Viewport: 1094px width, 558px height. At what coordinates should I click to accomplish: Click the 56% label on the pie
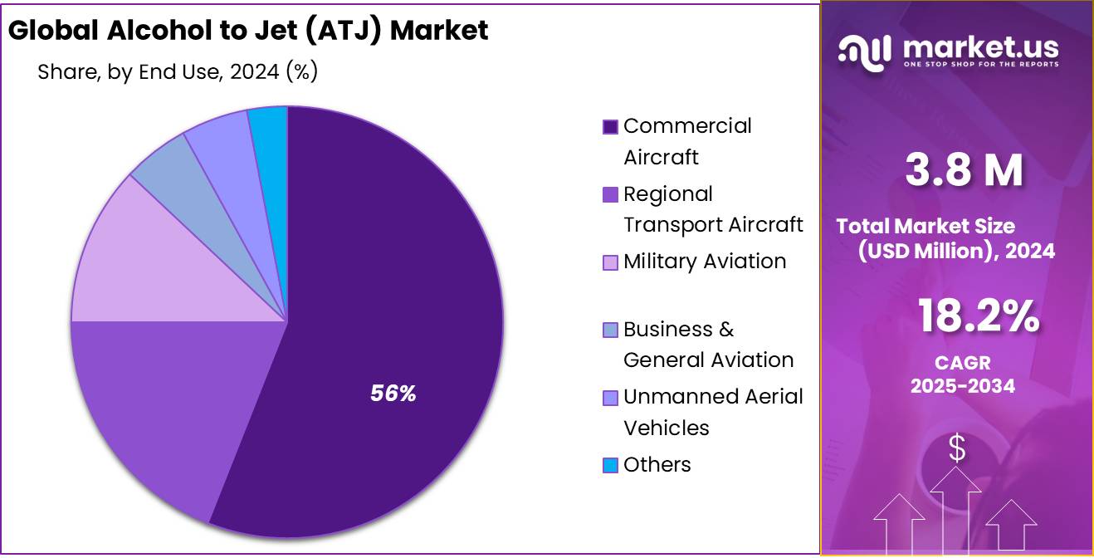[x=393, y=394]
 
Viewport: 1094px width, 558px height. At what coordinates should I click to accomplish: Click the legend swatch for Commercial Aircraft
[x=610, y=127]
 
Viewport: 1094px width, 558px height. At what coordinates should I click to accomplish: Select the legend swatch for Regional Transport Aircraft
[x=610, y=195]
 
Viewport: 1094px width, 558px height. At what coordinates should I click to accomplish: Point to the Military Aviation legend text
[x=705, y=262]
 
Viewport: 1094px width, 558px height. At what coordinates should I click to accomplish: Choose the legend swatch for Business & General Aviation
[x=610, y=330]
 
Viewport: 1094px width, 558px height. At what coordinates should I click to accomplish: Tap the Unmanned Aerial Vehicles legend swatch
[x=610, y=399]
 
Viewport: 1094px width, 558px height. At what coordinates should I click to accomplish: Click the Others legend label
[x=657, y=465]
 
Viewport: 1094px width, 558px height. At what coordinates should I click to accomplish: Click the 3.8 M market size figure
[x=964, y=170]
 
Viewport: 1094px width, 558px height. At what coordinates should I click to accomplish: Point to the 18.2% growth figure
[x=979, y=316]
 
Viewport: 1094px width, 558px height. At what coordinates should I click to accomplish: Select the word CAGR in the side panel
[x=963, y=364]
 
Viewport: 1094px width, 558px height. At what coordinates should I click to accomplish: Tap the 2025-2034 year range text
[x=963, y=386]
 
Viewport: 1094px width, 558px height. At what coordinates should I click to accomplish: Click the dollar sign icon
[x=957, y=449]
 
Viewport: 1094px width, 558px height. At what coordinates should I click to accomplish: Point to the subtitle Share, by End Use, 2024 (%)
[x=178, y=72]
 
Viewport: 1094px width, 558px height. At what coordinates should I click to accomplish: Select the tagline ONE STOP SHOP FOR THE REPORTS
[x=981, y=65]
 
